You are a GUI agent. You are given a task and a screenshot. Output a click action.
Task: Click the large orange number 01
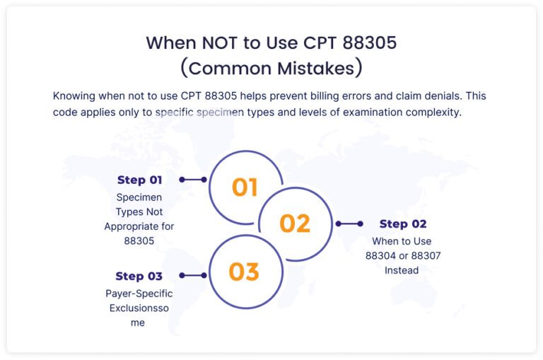tap(245, 187)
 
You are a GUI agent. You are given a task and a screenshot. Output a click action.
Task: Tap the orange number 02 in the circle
tap(295, 223)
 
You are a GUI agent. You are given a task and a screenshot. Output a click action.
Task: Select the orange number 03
tap(244, 272)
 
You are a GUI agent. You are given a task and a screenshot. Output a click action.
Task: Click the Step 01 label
tap(139, 180)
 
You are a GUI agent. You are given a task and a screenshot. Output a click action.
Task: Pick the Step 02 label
tap(403, 223)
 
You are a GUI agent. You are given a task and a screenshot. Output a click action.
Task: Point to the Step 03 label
tap(139, 276)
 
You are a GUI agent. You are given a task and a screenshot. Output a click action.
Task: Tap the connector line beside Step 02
tap(349, 223)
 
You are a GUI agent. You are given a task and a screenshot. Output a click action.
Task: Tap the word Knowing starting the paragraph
tap(74, 95)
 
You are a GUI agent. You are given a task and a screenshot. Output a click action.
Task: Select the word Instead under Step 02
tap(402, 270)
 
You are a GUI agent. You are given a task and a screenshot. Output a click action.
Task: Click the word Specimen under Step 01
tap(139, 197)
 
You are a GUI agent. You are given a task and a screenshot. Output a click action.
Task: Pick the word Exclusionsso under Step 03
tap(139, 308)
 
